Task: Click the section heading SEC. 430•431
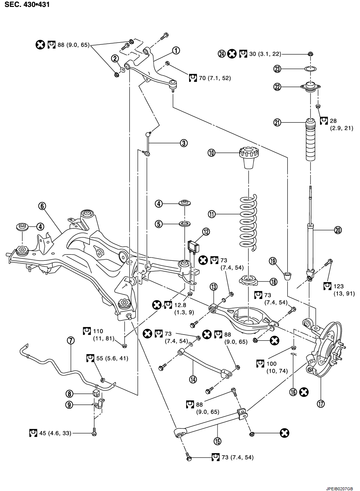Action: click(27, 4)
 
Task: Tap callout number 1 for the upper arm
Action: click(176, 51)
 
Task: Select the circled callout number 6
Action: click(42, 206)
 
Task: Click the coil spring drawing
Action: click(248, 223)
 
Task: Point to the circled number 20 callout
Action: click(338, 230)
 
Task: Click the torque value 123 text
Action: click(339, 286)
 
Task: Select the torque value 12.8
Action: click(180, 305)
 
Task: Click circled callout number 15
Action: click(218, 441)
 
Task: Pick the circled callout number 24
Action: click(222, 54)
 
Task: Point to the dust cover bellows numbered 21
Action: click(311, 140)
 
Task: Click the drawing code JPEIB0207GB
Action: click(340, 488)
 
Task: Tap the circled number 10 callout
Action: click(212, 153)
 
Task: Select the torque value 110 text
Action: click(98, 331)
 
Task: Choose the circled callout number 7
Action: click(71, 340)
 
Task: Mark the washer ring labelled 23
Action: click(311, 69)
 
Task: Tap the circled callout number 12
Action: click(206, 232)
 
